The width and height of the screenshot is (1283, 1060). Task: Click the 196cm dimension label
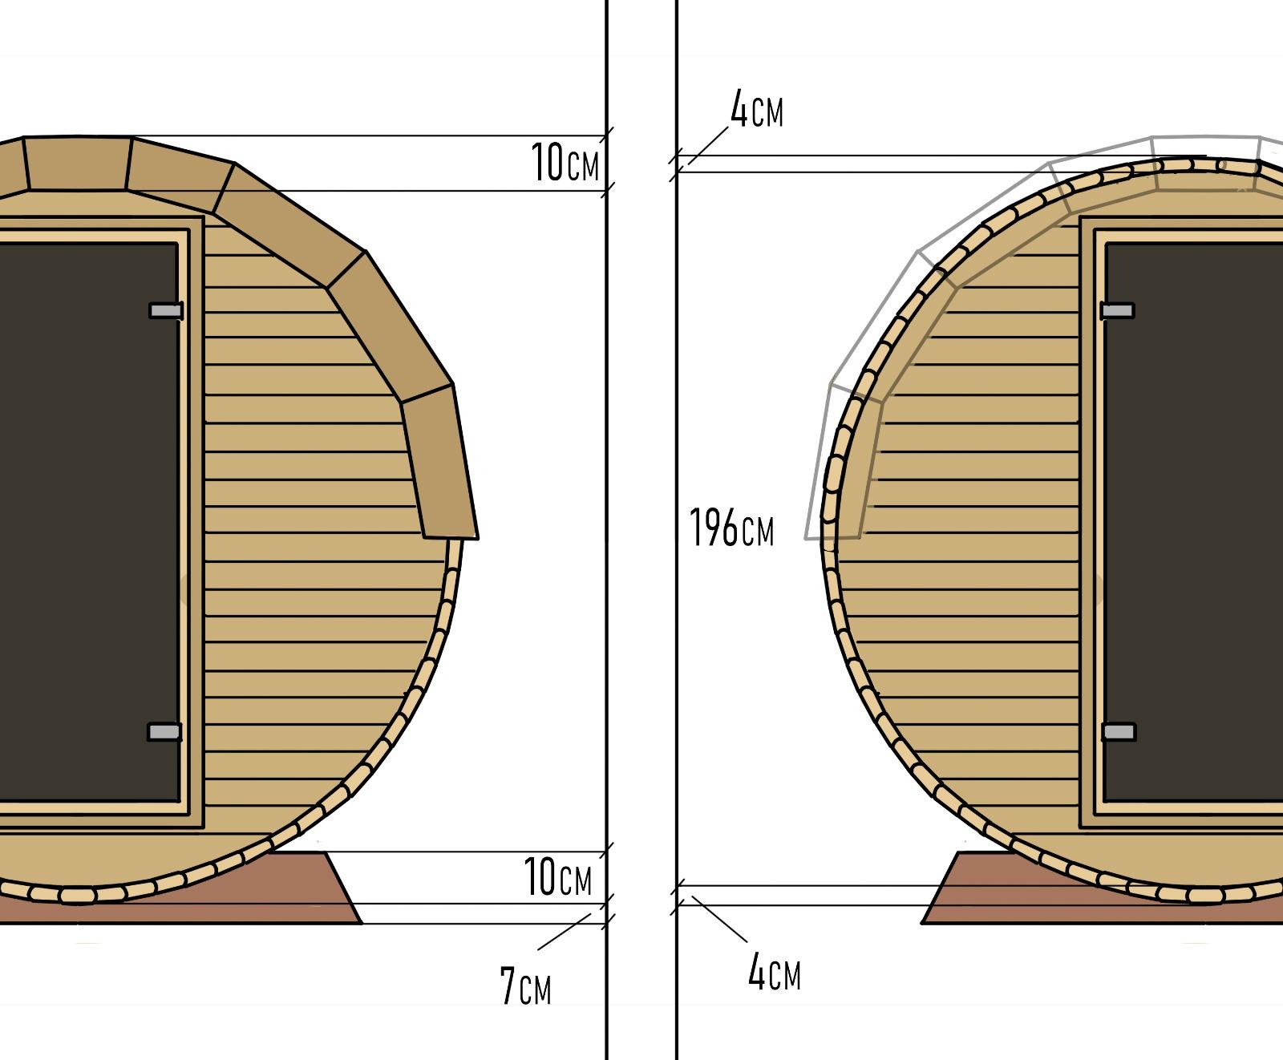731,528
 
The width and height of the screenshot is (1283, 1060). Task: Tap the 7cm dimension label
525,986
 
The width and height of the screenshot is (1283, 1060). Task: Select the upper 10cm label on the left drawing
565,164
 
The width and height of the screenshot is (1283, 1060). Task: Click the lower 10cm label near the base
558,877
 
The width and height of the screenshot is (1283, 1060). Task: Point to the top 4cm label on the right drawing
756,110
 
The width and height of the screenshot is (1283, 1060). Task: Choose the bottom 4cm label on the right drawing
774,973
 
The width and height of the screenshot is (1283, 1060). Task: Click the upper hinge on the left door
166,310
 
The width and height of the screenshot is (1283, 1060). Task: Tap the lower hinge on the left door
164,731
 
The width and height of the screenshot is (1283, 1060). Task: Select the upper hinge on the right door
1118,310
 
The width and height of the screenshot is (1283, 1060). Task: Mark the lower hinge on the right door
1119,731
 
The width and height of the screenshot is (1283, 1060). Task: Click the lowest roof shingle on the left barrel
439,461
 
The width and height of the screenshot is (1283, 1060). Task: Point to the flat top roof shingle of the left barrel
78,164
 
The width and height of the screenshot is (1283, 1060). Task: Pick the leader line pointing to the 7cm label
565,932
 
